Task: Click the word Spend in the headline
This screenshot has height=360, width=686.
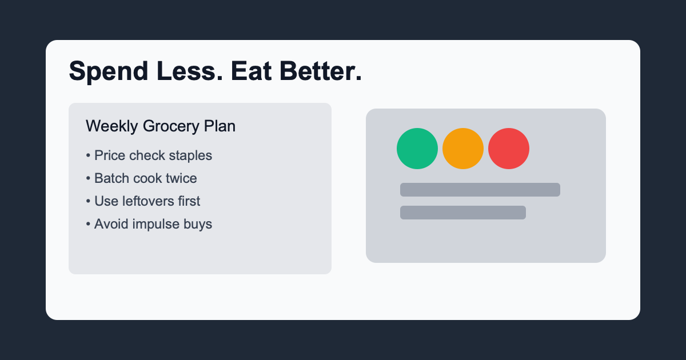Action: click(109, 71)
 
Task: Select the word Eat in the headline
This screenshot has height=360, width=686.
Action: click(251, 71)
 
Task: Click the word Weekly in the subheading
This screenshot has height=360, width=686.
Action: click(112, 126)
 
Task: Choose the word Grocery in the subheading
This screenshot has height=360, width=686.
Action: click(171, 126)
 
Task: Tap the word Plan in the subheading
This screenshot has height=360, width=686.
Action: click(220, 126)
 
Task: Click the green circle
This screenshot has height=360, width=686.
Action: click(417, 149)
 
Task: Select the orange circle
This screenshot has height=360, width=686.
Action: click(463, 149)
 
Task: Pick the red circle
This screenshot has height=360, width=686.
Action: click(509, 149)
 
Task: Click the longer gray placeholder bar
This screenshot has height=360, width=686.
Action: click(480, 190)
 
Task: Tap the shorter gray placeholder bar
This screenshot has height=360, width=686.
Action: click(463, 213)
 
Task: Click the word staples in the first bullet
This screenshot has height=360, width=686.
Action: click(190, 156)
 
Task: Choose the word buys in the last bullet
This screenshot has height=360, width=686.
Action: click(198, 225)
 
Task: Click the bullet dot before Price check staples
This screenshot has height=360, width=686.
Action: click(88, 155)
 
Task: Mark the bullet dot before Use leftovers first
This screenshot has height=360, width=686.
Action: click(88, 201)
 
